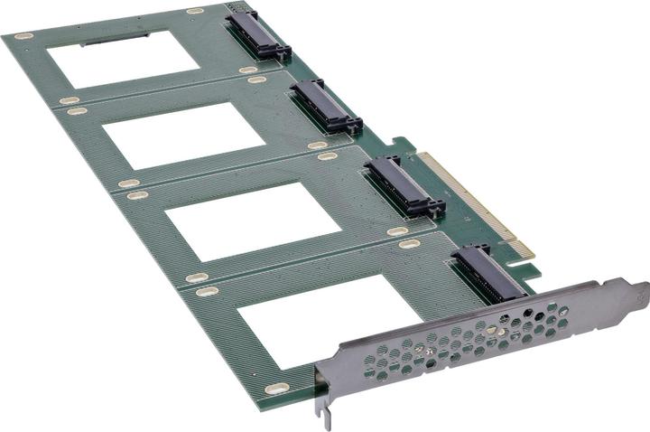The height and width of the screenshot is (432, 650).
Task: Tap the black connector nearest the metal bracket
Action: pyautogui.click(x=488, y=272)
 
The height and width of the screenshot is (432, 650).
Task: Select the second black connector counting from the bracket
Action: pyautogui.click(x=404, y=186)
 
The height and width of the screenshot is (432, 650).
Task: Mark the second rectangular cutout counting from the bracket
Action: pyautogui.click(x=253, y=221)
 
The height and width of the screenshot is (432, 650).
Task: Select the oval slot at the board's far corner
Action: pyautogui.click(x=23, y=36)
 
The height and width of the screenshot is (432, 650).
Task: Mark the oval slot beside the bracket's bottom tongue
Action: pyautogui.click(x=276, y=388)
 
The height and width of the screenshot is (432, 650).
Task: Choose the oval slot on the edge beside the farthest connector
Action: pyautogui.click(x=195, y=11)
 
